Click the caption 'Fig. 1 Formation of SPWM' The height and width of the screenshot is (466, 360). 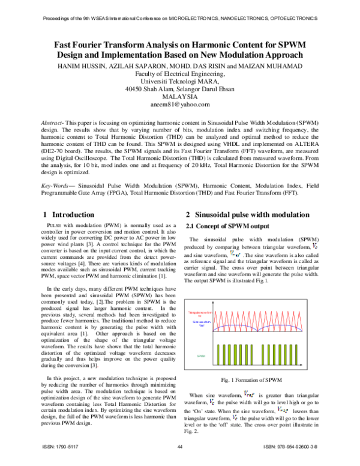(252, 380)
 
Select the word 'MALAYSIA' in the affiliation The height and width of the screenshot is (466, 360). (180, 96)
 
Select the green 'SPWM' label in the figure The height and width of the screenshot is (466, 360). (200, 356)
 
